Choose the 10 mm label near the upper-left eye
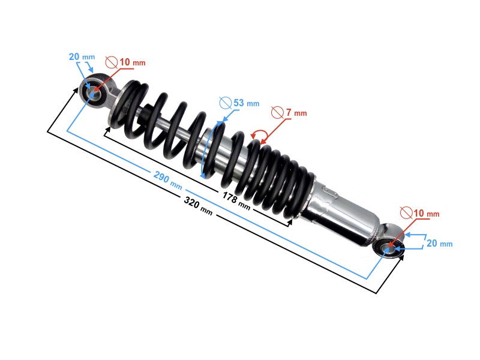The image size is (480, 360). click(132, 62)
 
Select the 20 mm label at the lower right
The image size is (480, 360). click(439, 244)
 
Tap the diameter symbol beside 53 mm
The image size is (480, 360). click(225, 103)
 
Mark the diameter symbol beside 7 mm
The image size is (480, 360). click(277, 112)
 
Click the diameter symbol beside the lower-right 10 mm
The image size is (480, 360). click(406, 213)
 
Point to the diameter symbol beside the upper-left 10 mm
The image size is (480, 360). click(111, 61)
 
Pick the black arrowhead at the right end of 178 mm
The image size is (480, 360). click(290, 223)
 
